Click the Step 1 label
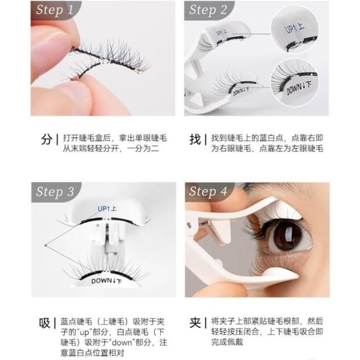[x=55, y=10]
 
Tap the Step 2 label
[x=208, y=10]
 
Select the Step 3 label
[x=55, y=192]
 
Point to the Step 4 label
[x=208, y=192]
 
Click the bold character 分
[x=47, y=139]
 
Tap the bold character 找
[x=195, y=139]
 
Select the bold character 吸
[x=44, y=323]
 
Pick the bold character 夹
[x=195, y=323]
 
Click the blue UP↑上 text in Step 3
[x=107, y=209]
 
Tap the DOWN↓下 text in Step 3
[x=106, y=281]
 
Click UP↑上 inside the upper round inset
[x=294, y=28]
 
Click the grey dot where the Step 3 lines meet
[x=46, y=245]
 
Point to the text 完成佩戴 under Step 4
[x=227, y=342]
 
